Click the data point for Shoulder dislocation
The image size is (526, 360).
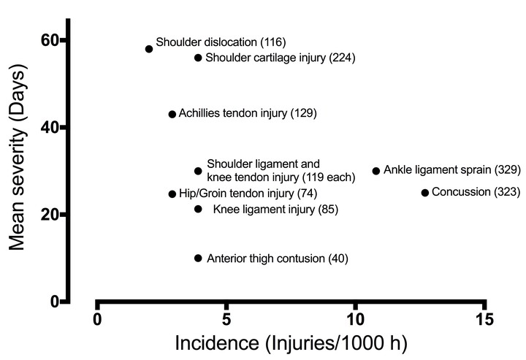click(x=149, y=49)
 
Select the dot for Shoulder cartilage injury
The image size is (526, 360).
click(x=198, y=58)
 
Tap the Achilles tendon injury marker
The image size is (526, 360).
click(x=172, y=115)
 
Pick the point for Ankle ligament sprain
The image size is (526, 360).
click(x=376, y=171)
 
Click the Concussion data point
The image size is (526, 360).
click(x=425, y=193)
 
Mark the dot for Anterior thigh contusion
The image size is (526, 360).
click(x=198, y=258)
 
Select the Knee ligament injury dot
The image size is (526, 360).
click(x=198, y=209)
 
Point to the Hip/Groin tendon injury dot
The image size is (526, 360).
click(x=172, y=194)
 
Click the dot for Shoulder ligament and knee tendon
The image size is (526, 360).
click(x=198, y=171)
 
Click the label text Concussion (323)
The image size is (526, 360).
click(x=476, y=192)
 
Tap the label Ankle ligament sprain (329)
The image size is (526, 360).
click(x=452, y=170)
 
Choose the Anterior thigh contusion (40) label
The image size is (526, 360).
click(x=278, y=258)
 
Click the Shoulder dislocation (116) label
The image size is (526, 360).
click(x=221, y=42)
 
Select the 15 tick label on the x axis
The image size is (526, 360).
click(x=484, y=319)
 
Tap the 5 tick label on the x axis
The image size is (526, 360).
click(x=226, y=319)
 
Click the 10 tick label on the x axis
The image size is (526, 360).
click(x=355, y=319)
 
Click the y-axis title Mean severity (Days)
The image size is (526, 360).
click(x=17, y=157)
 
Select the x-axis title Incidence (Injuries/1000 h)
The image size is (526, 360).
click(x=291, y=343)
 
